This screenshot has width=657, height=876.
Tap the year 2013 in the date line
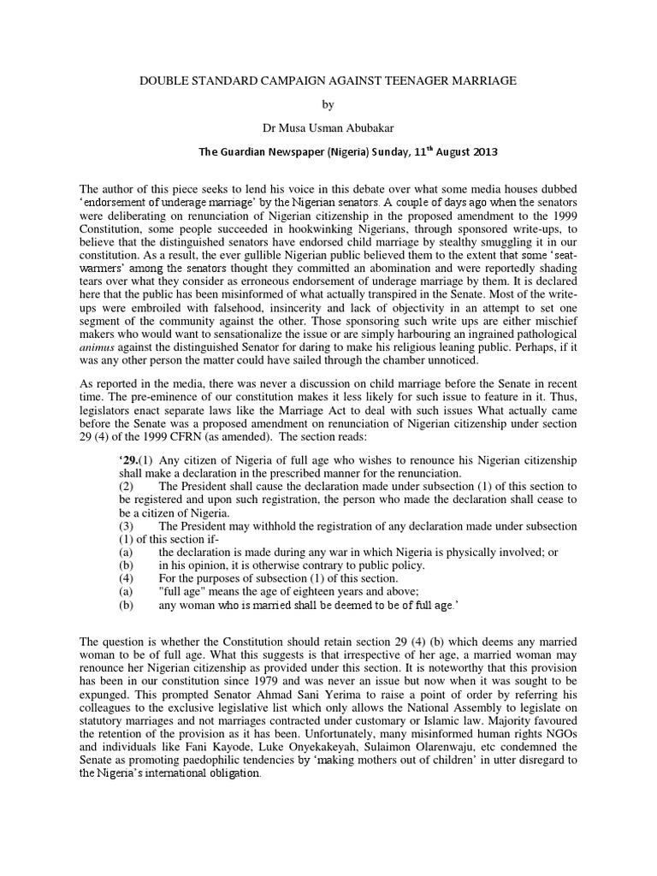click(481, 151)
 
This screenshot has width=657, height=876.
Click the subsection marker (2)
click(126, 486)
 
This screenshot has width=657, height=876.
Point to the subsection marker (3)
click(126, 525)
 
